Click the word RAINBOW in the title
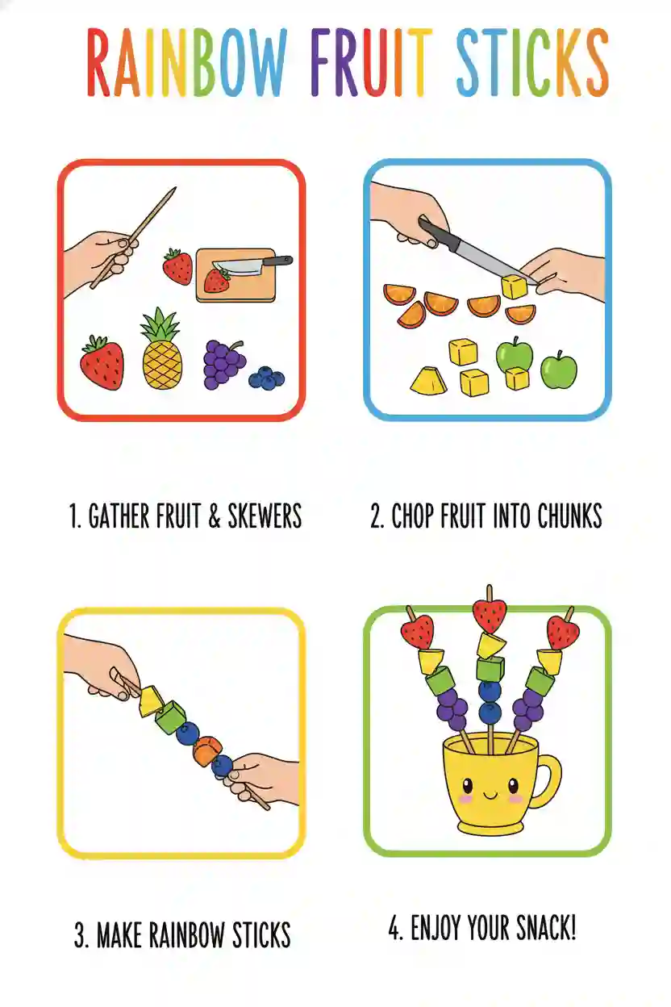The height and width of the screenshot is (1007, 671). click(187, 63)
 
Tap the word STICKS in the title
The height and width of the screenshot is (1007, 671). click(532, 63)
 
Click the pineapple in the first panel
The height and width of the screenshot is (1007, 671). click(161, 355)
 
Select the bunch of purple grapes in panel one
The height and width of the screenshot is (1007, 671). click(223, 363)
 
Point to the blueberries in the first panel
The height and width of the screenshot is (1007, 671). click(265, 378)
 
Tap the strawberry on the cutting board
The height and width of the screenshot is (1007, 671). click(216, 280)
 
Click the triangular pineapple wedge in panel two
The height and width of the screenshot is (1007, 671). click(427, 380)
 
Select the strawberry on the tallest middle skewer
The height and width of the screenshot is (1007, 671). click(489, 615)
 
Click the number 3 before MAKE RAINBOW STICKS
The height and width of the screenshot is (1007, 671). click(81, 936)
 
